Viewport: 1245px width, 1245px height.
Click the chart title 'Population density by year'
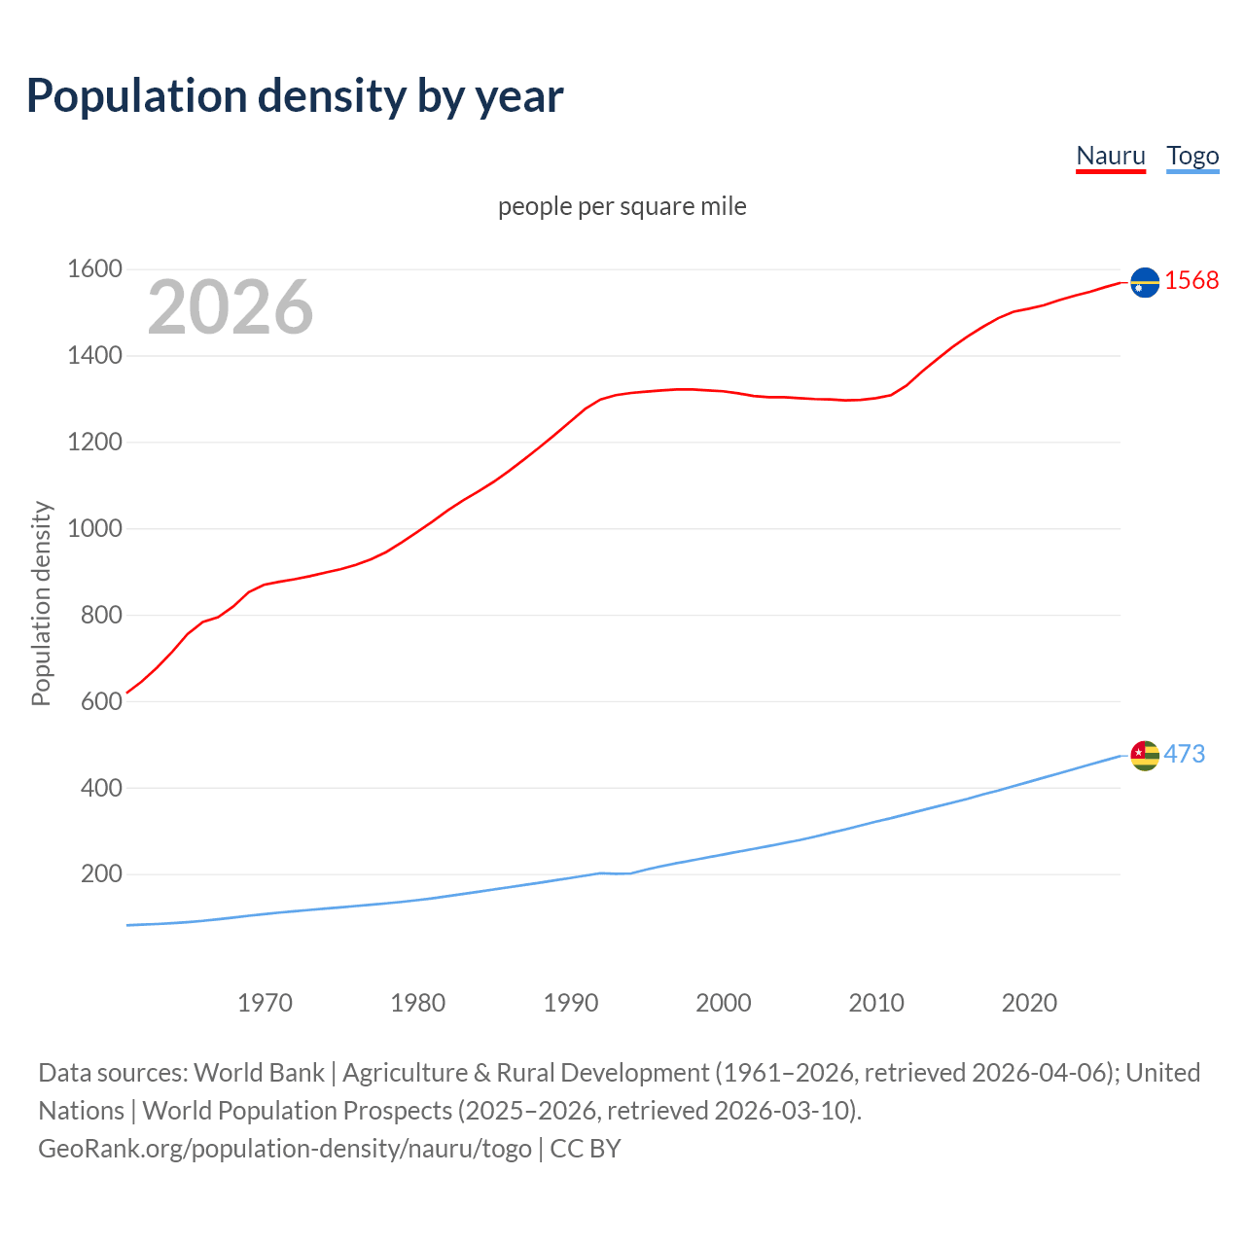click(x=295, y=95)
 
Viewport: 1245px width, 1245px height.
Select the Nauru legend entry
click(x=1110, y=156)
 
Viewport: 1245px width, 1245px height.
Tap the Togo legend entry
click(x=1192, y=156)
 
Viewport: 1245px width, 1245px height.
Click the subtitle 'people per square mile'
click(x=622, y=206)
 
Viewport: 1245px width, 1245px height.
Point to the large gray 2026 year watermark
click(x=231, y=307)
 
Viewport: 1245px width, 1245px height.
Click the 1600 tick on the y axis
click(x=94, y=269)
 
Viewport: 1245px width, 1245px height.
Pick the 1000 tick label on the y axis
click(x=94, y=528)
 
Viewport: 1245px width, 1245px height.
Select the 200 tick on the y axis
click(x=101, y=873)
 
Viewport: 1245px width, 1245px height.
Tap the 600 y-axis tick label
click(x=101, y=701)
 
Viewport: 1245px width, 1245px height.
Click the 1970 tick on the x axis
click(x=265, y=1003)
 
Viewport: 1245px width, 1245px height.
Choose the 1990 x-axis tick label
click(x=571, y=1003)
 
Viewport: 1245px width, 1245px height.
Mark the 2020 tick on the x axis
click(x=1029, y=1003)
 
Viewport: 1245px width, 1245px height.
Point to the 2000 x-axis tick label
click(x=724, y=1003)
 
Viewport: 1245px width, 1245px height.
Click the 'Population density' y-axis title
click(x=41, y=603)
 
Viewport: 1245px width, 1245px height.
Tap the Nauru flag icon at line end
click(x=1145, y=282)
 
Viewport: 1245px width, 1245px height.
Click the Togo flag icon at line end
click(x=1145, y=755)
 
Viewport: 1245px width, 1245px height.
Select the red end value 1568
click(x=1192, y=280)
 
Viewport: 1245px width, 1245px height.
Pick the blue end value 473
click(x=1185, y=754)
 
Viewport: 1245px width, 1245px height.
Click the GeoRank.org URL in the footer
click(x=285, y=1149)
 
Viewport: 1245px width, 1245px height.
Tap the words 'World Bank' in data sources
click(x=259, y=1073)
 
